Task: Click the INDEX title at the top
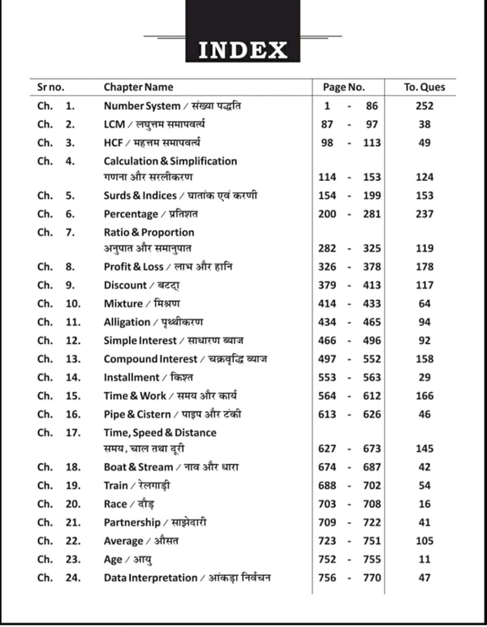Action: point(243,50)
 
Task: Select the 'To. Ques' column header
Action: point(425,87)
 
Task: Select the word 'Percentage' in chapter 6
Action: point(131,214)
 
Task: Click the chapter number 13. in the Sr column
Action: point(73,359)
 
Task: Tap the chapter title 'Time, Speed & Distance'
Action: point(160,433)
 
